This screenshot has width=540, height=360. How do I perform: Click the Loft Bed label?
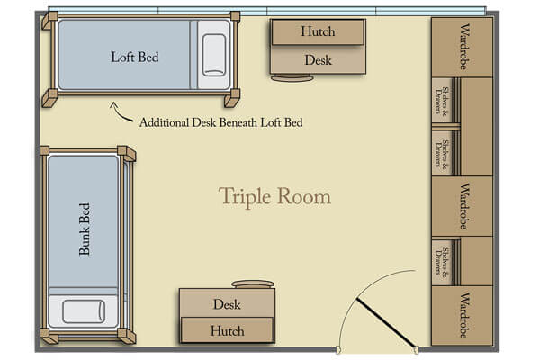(135, 57)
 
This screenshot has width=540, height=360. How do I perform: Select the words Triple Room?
(274, 196)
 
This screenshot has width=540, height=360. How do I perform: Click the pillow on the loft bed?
(214, 55)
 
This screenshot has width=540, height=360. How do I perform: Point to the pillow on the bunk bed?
(85, 312)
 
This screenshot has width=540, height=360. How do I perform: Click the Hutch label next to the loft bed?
(318, 31)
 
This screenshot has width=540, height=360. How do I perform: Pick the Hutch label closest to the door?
(227, 330)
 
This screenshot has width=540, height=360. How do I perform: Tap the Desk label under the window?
(318, 60)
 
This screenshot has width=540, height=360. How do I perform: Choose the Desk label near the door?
(227, 304)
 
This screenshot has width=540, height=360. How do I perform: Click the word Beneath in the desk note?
(236, 121)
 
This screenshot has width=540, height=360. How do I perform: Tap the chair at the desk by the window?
(292, 78)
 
